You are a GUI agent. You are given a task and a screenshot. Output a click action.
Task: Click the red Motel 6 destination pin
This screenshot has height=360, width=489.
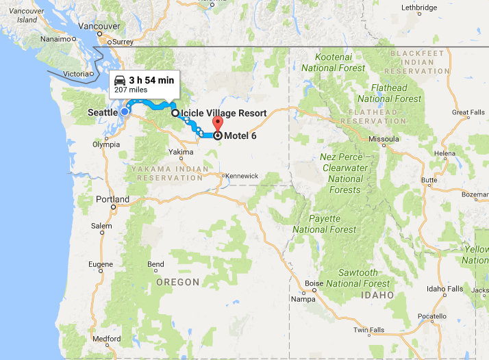(x=218, y=125)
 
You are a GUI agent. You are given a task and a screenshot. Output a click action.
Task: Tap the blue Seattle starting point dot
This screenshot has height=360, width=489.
(x=125, y=112)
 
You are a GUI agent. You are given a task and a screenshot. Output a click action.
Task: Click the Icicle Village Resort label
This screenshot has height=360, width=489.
(x=223, y=113)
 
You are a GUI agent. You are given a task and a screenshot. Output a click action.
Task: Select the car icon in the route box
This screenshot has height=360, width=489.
(x=120, y=79)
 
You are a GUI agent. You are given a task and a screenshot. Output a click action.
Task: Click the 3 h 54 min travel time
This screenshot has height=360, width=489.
(x=151, y=80)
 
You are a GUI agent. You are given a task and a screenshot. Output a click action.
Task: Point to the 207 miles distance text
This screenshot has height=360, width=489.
(x=131, y=90)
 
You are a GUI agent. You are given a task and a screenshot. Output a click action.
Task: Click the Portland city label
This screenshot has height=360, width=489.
(x=112, y=200)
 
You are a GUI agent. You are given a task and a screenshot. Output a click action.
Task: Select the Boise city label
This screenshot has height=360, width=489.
(x=314, y=283)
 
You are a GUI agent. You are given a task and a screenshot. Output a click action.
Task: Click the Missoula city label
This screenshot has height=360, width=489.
(x=383, y=138)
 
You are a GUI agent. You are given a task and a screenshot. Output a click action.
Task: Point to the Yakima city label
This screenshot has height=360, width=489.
(x=179, y=152)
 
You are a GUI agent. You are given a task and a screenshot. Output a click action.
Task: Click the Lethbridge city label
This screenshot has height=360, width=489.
(x=418, y=8)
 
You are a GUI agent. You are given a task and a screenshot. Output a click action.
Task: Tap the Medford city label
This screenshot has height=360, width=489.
(x=106, y=339)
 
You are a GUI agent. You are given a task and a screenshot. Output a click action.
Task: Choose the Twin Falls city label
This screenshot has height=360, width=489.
(x=368, y=330)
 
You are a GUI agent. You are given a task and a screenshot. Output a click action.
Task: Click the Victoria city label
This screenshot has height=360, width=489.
(x=75, y=73)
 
